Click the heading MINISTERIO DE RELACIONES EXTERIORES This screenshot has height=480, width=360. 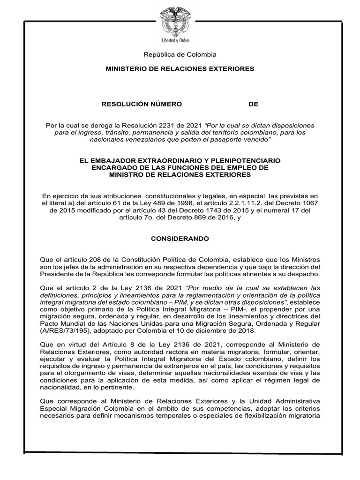tap(180, 69)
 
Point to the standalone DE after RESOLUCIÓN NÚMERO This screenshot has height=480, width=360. tap(253, 104)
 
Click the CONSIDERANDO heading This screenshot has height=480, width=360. tap(180, 239)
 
